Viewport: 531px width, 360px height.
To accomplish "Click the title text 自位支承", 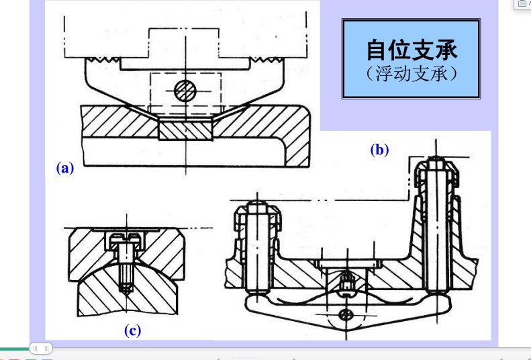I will tap(412, 50).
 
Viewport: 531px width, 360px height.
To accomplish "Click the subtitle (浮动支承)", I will tap(412, 73).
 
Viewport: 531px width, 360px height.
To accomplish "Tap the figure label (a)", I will tap(64, 168).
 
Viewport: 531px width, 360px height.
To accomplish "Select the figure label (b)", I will tap(379, 150).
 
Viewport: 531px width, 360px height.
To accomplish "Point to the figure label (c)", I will tap(132, 330).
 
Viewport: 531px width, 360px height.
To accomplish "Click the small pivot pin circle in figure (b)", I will tap(346, 315).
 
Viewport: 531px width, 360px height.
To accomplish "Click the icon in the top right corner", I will tap(522, 3).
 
